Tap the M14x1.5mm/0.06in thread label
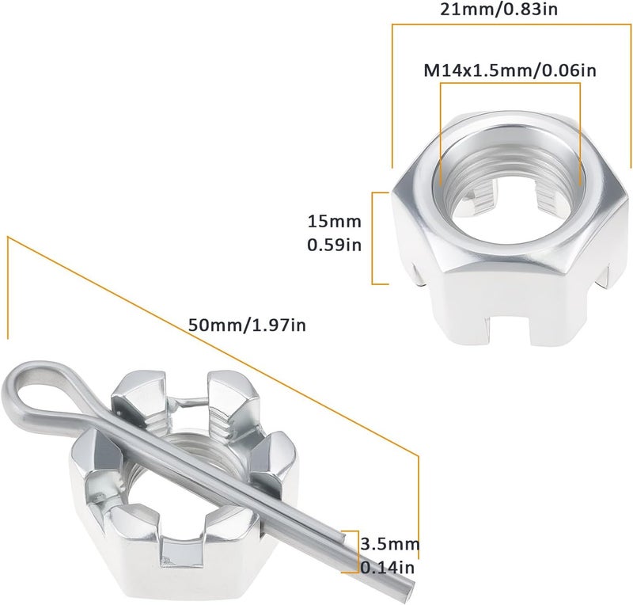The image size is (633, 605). point(510,70)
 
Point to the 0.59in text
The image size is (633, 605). point(334,245)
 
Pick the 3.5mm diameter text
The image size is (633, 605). point(389,545)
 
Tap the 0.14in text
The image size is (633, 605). point(388,567)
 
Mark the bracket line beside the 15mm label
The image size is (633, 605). point(373,238)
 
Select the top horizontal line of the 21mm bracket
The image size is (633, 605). point(511,25)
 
